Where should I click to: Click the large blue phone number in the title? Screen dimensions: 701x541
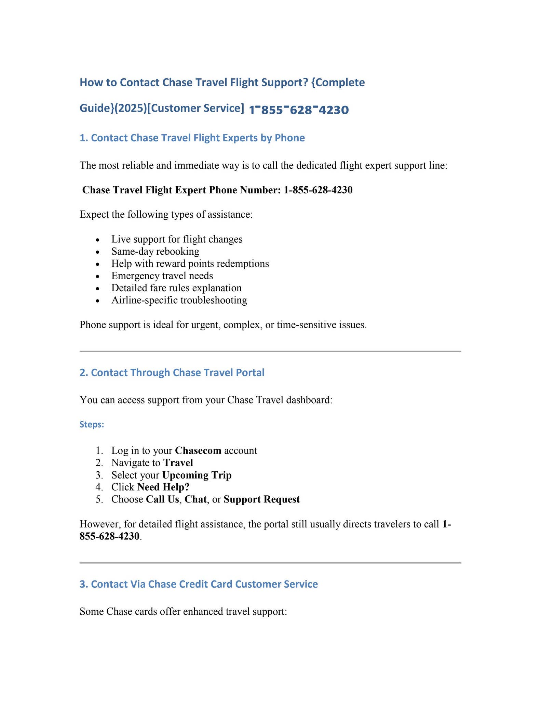tap(298, 110)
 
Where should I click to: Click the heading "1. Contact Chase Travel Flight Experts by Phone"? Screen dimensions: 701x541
tap(192, 138)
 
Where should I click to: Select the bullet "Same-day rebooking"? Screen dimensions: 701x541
tap(155, 252)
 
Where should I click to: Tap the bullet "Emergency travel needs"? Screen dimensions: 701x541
tap(162, 276)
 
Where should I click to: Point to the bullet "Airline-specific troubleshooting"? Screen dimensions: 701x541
tap(179, 300)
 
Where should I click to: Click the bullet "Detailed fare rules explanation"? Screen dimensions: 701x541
tap(176, 288)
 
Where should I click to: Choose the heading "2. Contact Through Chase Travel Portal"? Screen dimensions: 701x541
tap(172, 372)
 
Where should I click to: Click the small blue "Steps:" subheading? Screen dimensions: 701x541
tap(92, 425)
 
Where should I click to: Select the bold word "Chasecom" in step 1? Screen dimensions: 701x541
tap(198, 450)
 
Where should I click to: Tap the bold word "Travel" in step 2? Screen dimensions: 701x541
tap(178, 463)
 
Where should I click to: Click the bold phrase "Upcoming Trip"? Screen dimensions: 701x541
tap(197, 475)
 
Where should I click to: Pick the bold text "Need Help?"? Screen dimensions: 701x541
tap(163, 487)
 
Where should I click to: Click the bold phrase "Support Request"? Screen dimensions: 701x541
tap(262, 499)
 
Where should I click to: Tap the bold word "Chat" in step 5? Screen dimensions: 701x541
tap(195, 499)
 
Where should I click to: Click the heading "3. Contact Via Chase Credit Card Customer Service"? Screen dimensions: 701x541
tap(199, 584)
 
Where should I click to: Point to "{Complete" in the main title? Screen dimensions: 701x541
tap(338, 82)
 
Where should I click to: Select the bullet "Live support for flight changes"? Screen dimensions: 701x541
tap(177, 239)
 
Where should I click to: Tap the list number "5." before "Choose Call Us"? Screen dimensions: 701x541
tap(99, 499)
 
